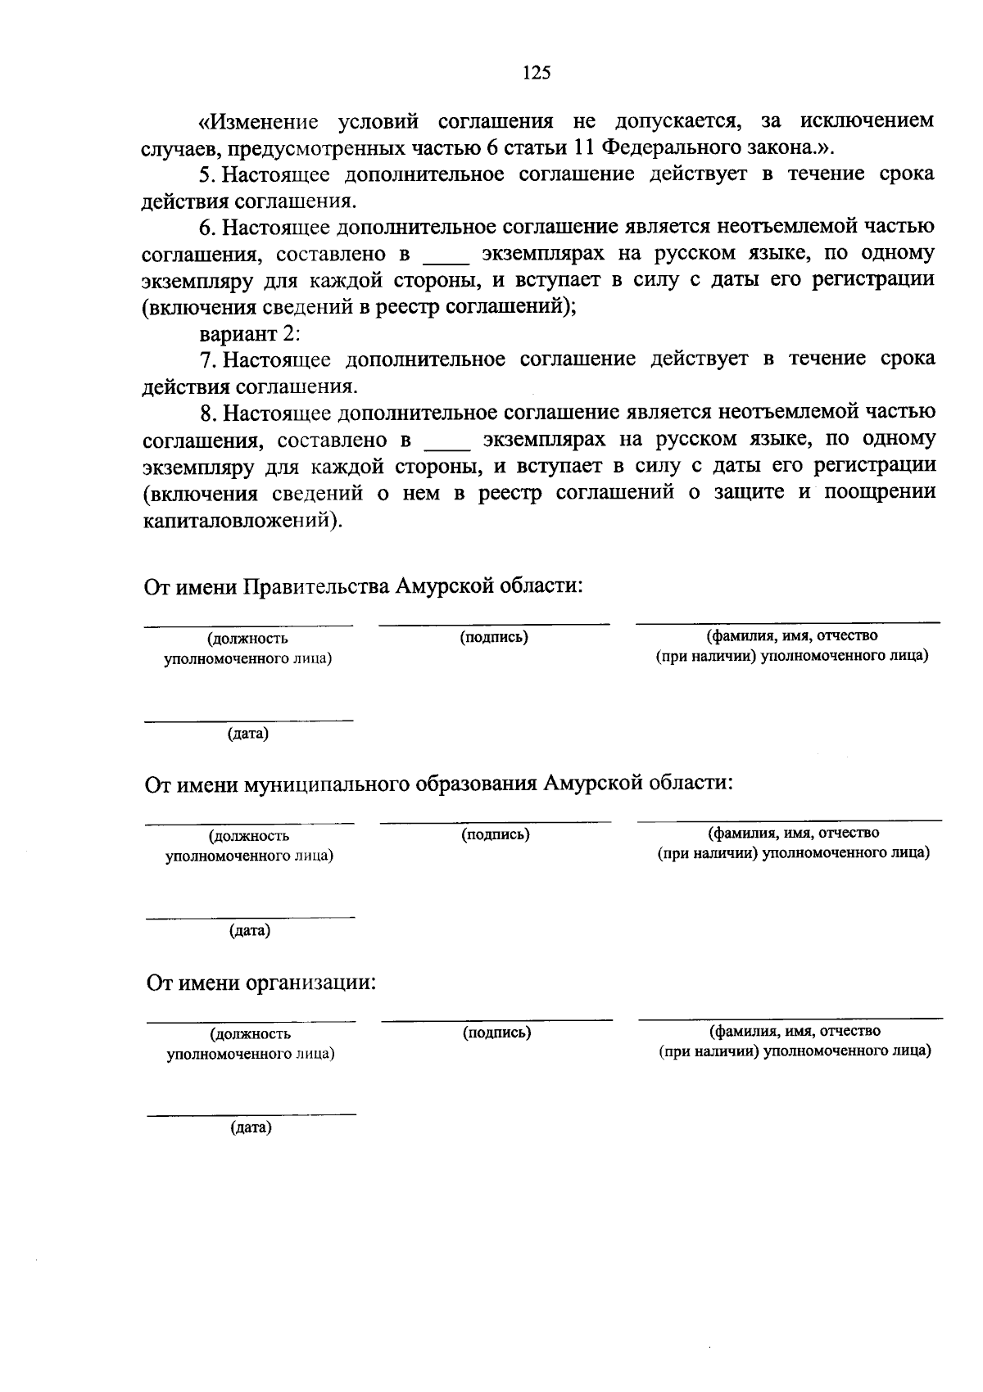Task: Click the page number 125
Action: (x=537, y=73)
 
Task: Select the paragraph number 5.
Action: (x=205, y=174)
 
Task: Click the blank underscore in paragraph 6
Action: (x=446, y=262)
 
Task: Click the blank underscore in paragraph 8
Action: (x=447, y=447)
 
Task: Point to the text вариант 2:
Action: (x=251, y=334)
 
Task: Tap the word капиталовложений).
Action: (x=242, y=521)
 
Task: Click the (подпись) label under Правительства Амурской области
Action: (x=493, y=637)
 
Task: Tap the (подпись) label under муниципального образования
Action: (x=495, y=834)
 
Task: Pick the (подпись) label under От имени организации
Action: (x=496, y=1033)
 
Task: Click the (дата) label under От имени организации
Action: (x=251, y=1128)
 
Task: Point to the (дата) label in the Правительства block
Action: (x=248, y=734)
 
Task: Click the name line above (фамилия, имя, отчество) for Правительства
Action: (x=788, y=624)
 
